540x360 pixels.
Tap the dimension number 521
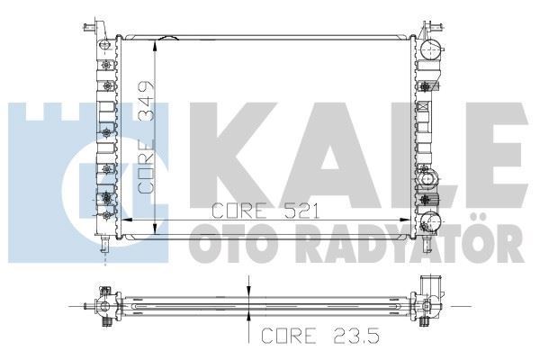coord(301,211)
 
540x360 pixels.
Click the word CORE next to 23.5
coord(289,336)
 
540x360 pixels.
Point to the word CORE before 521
coord(239,211)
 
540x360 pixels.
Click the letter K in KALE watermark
coord(233,155)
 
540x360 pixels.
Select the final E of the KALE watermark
coord(493,155)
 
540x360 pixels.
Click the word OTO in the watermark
coord(235,244)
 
